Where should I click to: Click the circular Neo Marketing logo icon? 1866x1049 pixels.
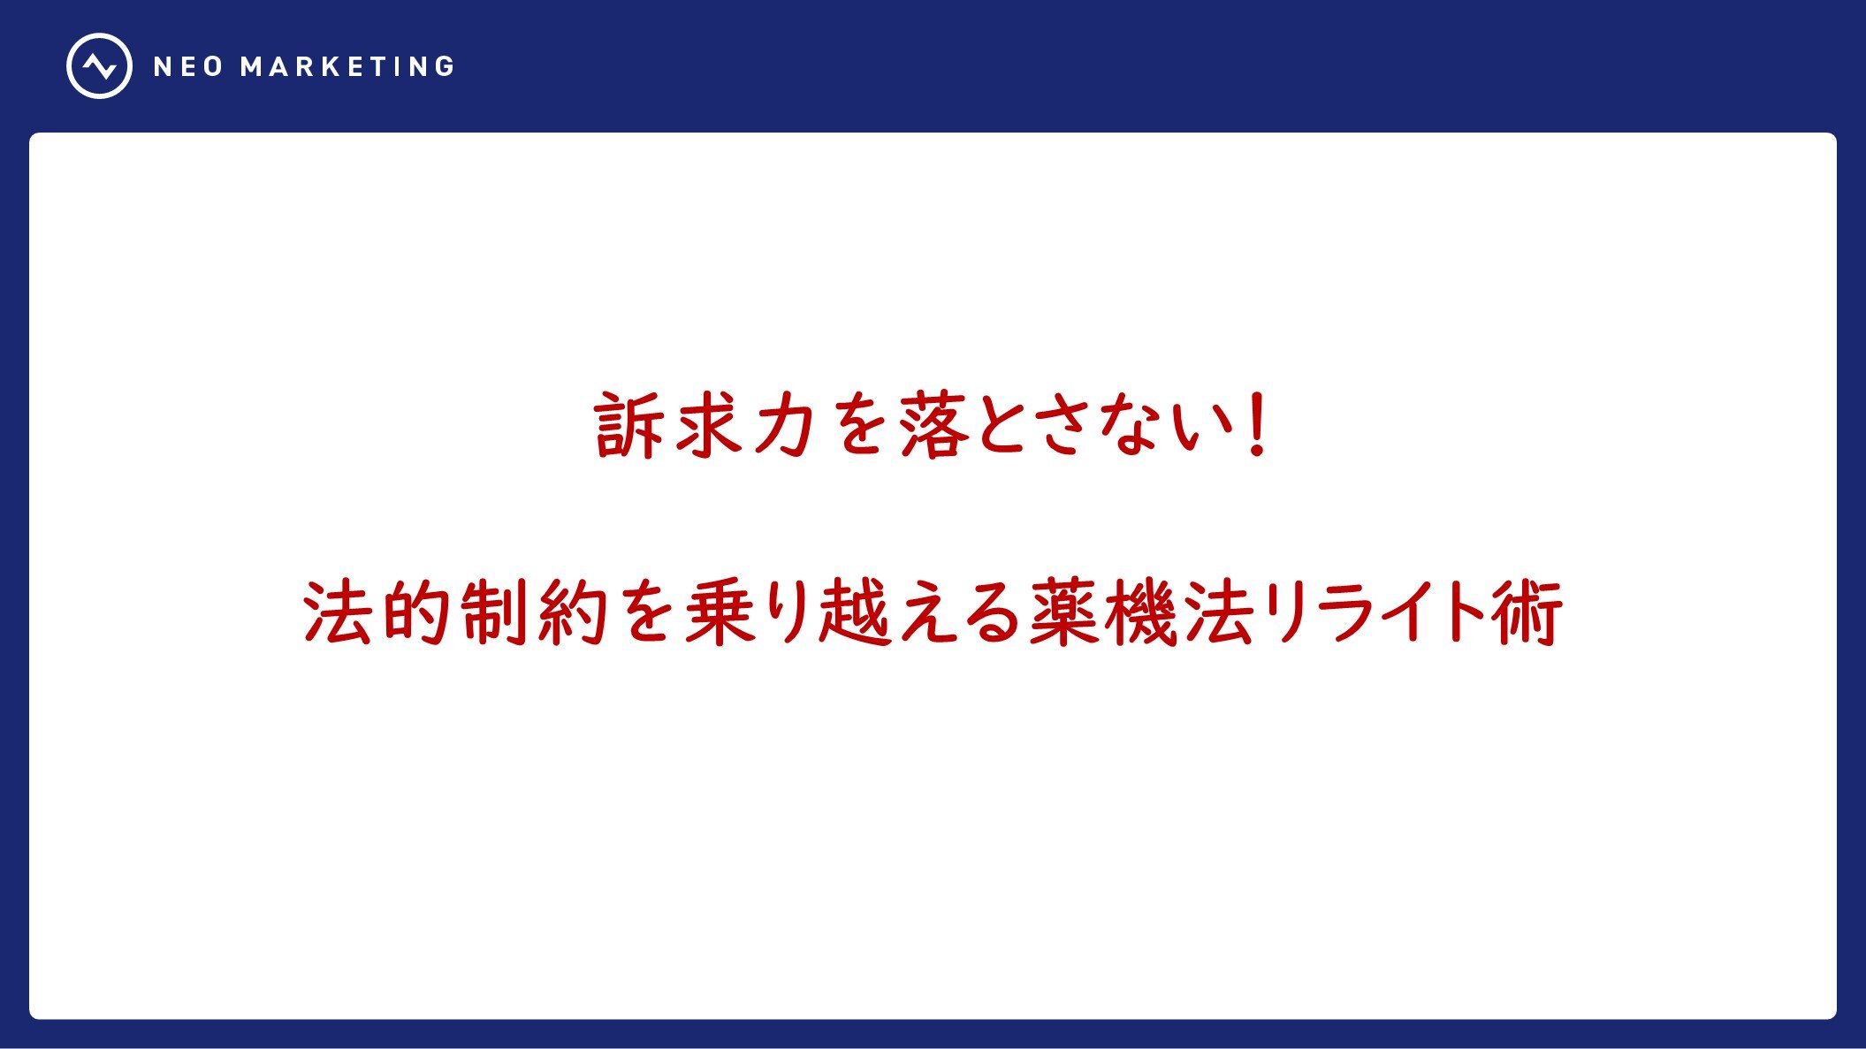99,65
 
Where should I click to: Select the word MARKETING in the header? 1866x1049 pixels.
347,67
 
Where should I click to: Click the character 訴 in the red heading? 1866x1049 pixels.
628,426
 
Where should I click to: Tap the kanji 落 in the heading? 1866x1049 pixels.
934,426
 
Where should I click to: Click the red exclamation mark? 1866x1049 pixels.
1255,425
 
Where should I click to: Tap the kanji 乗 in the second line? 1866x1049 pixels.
718,612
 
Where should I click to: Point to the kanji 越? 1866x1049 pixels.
855,612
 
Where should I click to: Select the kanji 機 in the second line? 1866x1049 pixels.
1140,612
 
